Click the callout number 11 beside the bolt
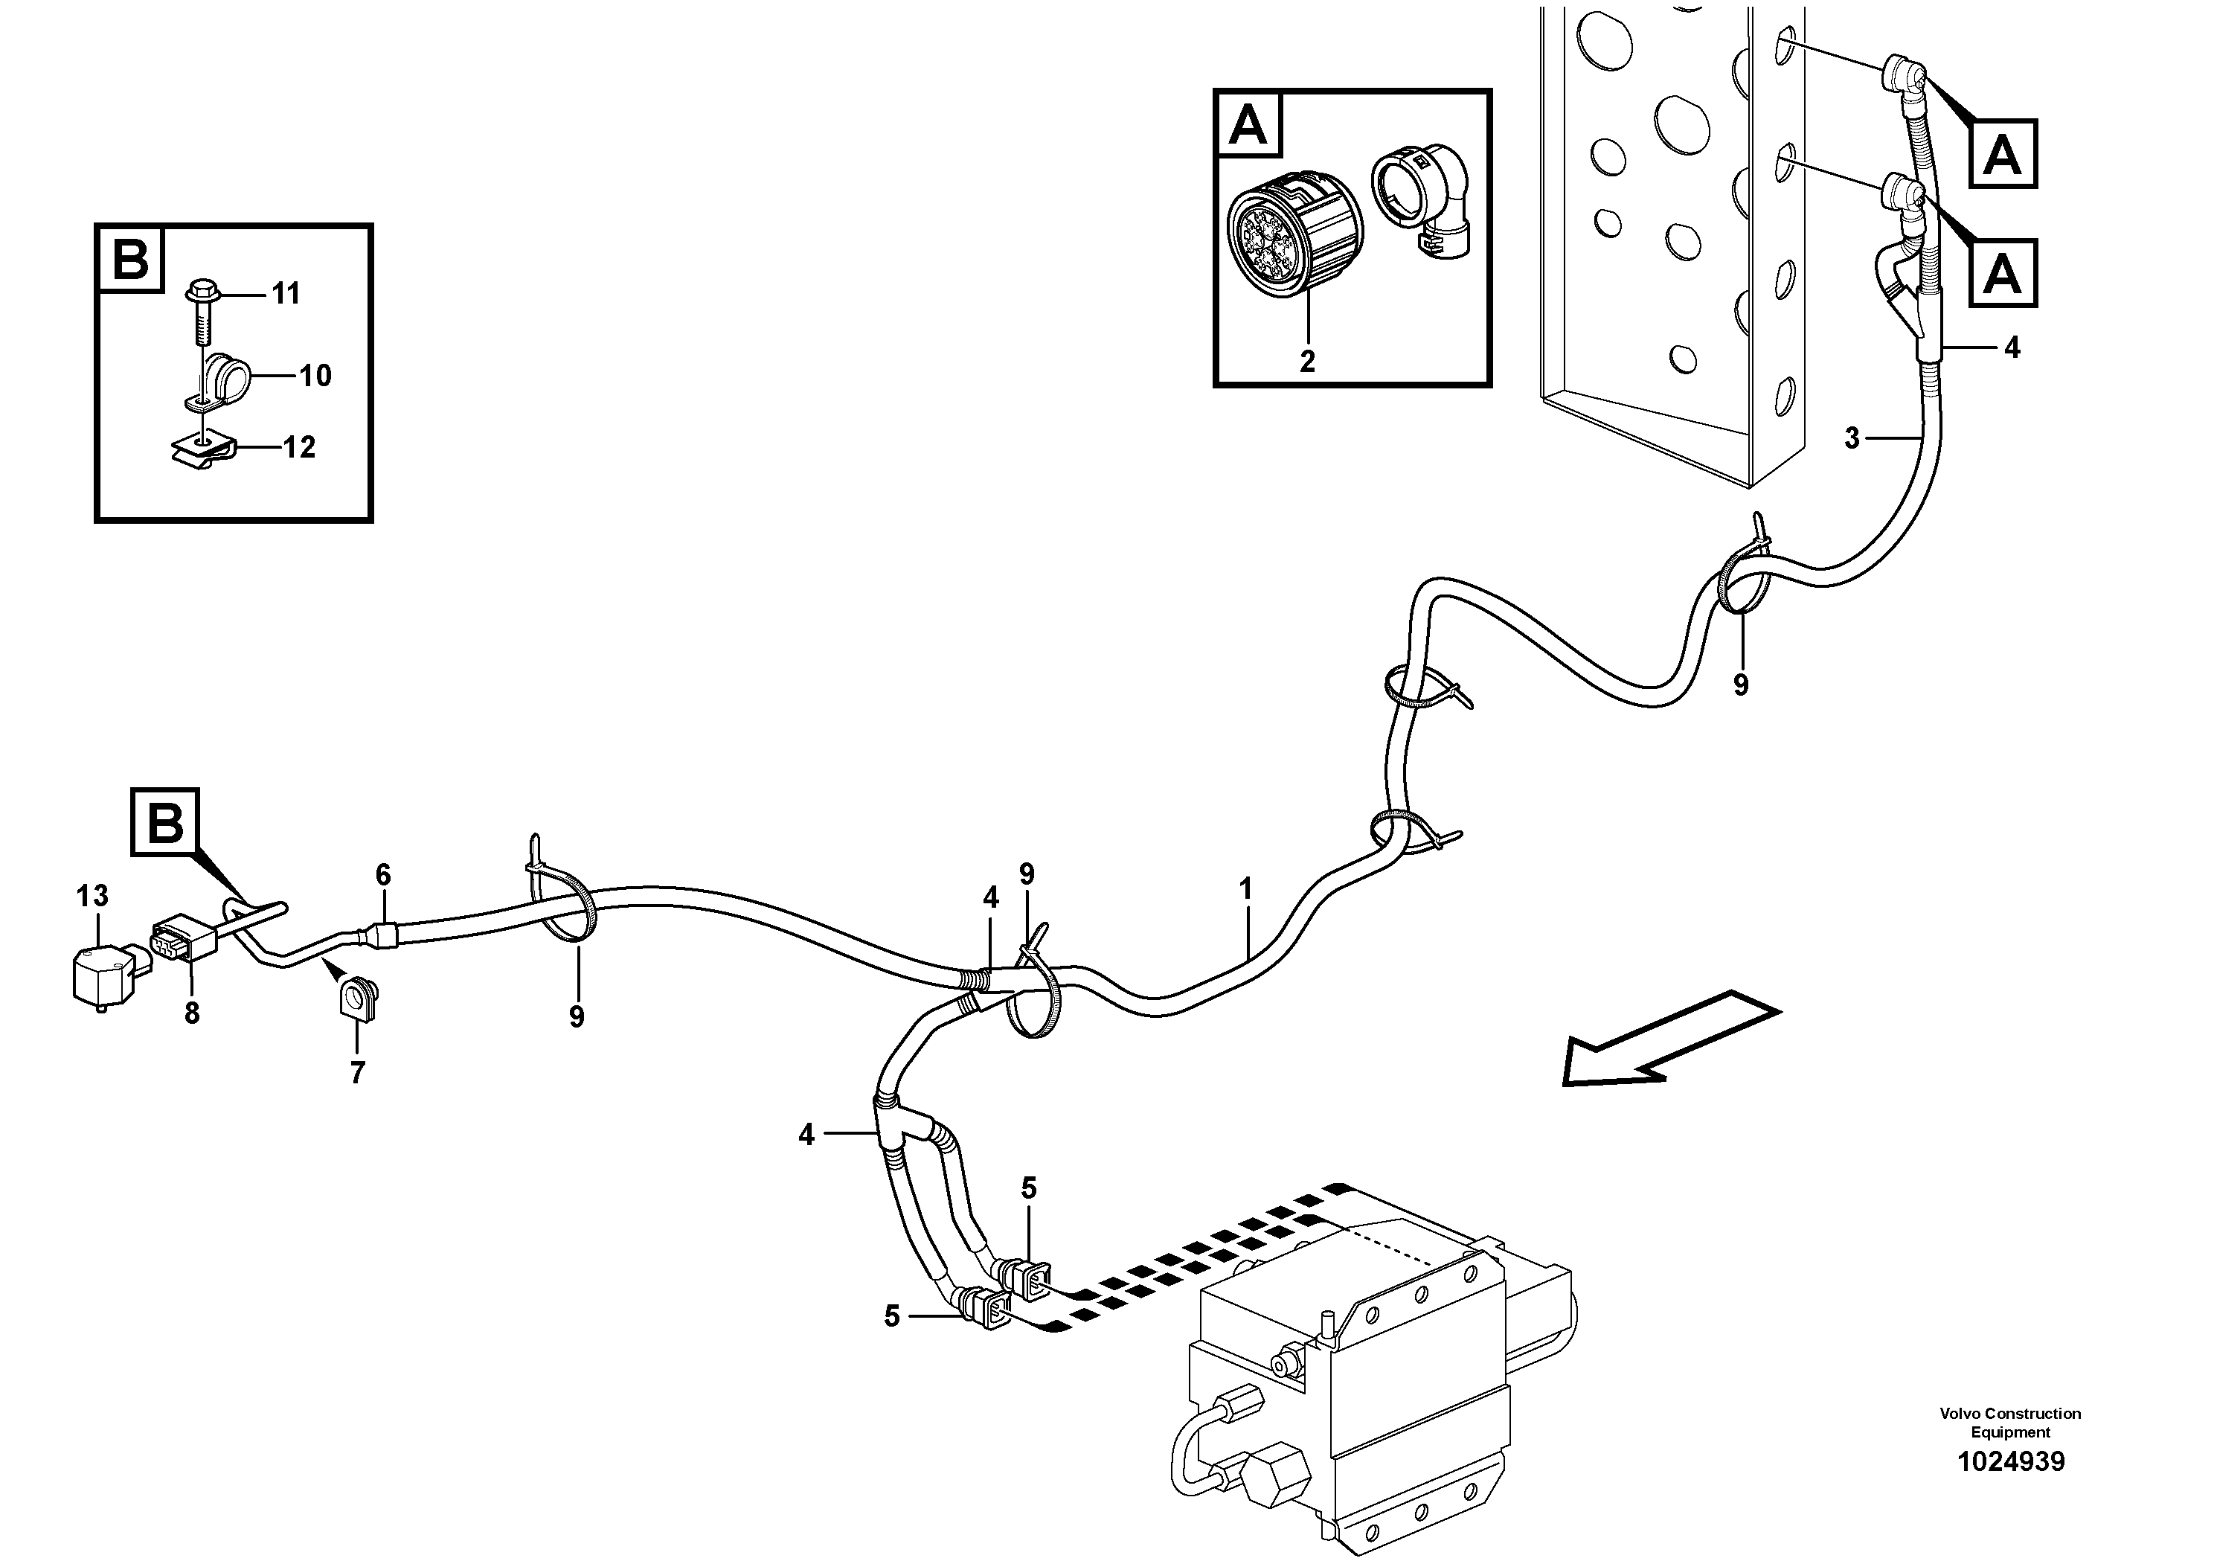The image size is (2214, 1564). [286, 293]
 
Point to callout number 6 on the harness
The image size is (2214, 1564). [383, 874]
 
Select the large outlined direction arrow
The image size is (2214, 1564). [1668, 1039]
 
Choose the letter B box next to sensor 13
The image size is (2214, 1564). [166, 822]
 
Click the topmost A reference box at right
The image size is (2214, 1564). [2002, 153]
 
